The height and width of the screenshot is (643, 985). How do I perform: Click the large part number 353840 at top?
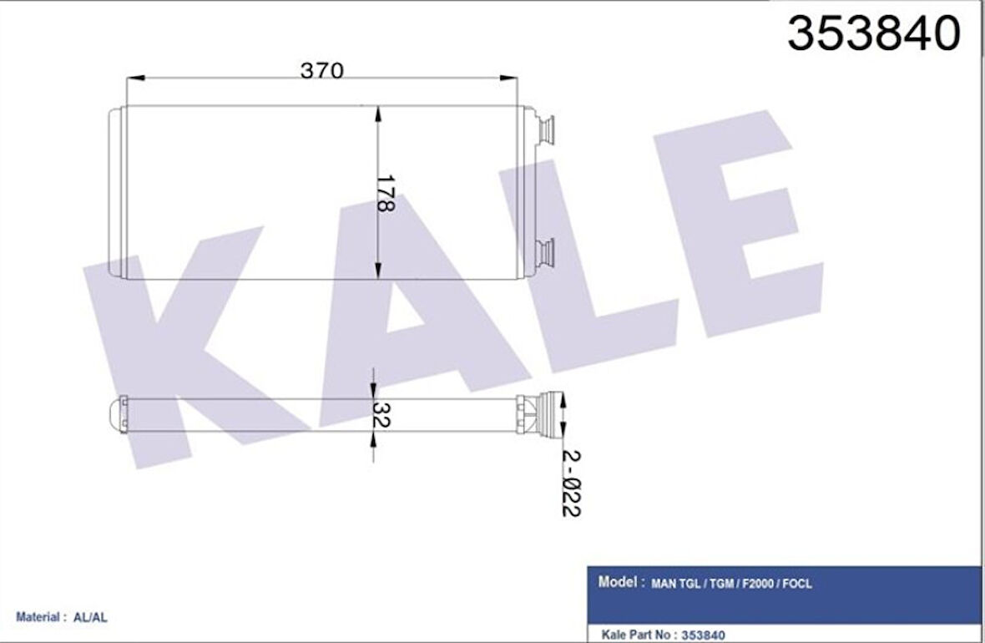pyautogui.click(x=874, y=34)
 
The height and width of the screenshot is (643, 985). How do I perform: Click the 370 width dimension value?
pyautogui.click(x=321, y=72)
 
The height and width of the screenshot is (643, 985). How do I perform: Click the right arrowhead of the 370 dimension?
pyautogui.click(x=508, y=78)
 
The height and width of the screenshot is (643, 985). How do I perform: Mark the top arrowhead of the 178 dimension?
pyautogui.click(x=378, y=116)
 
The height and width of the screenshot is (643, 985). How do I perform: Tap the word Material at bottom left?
pyautogui.click(x=38, y=618)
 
